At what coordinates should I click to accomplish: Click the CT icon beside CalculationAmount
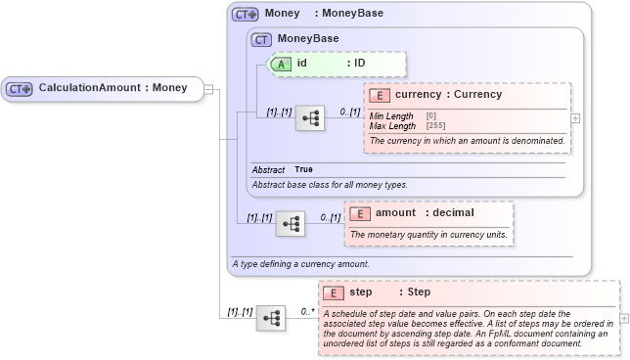click(x=20, y=88)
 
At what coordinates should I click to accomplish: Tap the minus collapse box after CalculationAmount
click(x=208, y=89)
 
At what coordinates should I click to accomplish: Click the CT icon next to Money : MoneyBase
click(x=245, y=15)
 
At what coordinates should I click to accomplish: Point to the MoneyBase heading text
click(x=308, y=39)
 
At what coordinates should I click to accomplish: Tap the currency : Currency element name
click(x=449, y=95)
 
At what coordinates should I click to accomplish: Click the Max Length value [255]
click(x=437, y=125)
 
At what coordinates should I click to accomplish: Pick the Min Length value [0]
click(x=431, y=116)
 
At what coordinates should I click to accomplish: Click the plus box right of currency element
click(x=575, y=117)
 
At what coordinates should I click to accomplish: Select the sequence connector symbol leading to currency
click(x=310, y=118)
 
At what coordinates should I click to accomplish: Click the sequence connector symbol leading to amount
click(x=291, y=224)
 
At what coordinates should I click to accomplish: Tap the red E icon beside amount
click(x=360, y=213)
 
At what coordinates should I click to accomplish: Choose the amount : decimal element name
click(x=425, y=213)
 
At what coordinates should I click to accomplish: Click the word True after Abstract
click(x=304, y=169)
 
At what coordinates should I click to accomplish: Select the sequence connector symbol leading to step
click(x=271, y=318)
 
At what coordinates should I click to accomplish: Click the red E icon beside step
click(x=334, y=292)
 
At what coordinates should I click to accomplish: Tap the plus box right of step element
click(x=624, y=318)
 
